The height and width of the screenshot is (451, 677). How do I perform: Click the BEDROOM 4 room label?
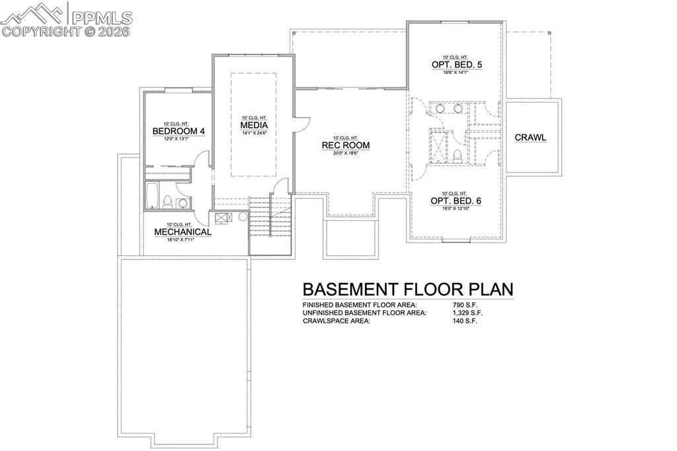click(179, 132)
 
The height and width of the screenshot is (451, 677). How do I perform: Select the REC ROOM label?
click(345, 145)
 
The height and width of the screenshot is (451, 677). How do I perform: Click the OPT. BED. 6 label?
click(454, 200)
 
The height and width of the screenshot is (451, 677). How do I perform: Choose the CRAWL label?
click(530, 138)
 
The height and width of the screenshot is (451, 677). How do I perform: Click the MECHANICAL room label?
click(182, 232)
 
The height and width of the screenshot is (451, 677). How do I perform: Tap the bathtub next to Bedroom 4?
click(152, 195)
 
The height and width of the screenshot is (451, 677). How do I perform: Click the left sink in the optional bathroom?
click(440, 108)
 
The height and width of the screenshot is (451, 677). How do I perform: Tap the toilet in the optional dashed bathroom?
click(457, 156)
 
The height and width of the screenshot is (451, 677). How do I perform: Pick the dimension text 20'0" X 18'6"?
click(345, 154)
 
